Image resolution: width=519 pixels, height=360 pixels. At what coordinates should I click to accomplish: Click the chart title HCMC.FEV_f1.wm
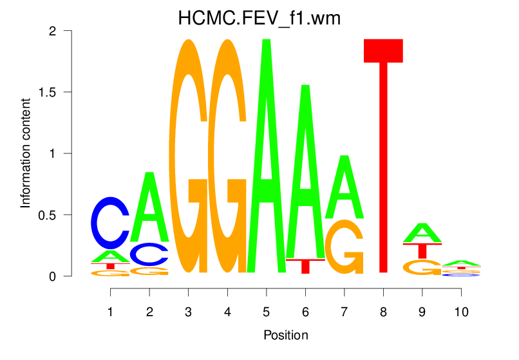tap(259, 19)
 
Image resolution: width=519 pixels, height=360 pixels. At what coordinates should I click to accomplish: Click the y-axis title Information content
tap(26, 153)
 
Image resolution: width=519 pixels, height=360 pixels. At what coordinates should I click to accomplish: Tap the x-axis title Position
tap(285, 336)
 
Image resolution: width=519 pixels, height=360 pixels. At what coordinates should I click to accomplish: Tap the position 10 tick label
tap(460, 312)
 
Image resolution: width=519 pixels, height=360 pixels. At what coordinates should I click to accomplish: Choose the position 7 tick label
tap(344, 312)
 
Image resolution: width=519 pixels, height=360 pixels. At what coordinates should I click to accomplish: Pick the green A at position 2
tap(149, 207)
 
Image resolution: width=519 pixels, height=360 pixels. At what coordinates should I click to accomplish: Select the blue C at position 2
tap(149, 254)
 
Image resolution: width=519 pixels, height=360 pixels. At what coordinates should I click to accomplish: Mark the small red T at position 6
tap(305, 265)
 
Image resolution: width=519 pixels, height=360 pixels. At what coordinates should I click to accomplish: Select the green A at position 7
tap(344, 188)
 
